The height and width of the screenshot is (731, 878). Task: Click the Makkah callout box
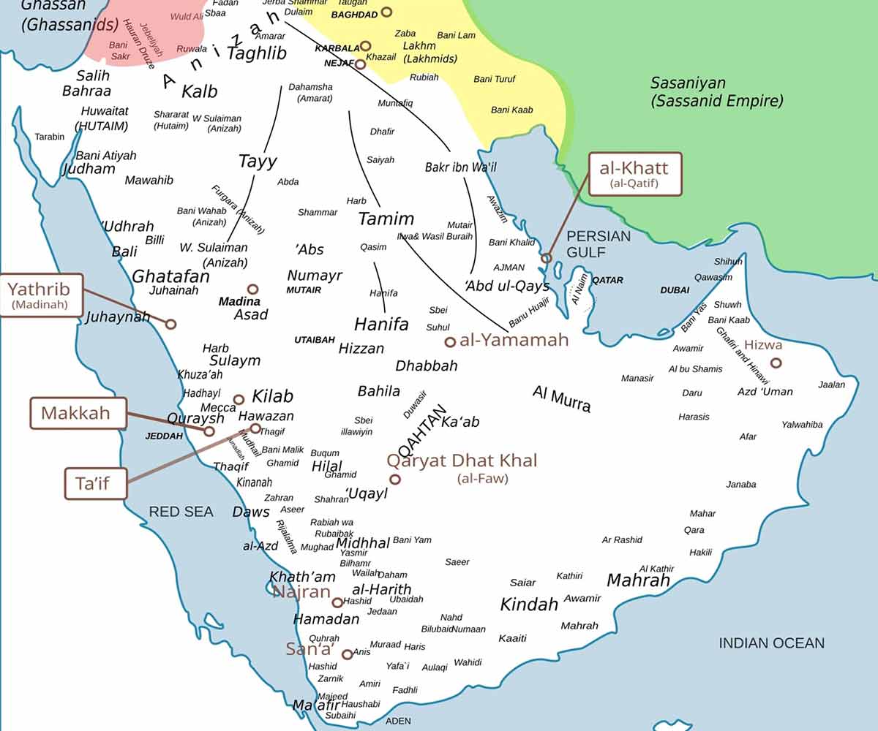tap(76, 413)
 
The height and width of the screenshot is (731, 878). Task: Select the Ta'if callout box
tap(96, 484)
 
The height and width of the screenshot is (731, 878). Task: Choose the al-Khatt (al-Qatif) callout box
tap(634, 174)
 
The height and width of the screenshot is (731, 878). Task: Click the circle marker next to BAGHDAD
tap(386, 12)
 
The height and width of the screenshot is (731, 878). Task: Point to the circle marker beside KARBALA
tap(366, 46)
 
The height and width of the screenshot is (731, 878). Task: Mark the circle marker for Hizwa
tap(776, 363)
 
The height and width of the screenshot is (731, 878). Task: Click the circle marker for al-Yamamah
tap(450, 341)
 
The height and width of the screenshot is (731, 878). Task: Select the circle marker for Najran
tap(337, 602)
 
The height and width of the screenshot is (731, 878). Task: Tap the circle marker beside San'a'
tap(347, 654)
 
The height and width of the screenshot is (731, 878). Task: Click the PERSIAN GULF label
tap(598, 244)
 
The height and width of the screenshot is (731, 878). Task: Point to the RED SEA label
tap(181, 512)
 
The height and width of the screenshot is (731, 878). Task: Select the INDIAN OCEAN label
tap(771, 643)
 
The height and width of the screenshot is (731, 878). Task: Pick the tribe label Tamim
tap(386, 219)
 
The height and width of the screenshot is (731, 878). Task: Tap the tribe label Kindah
tap(529, 605)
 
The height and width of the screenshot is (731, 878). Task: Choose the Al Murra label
tap(561, 398)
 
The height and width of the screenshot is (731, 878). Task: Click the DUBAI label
tap(675, 290)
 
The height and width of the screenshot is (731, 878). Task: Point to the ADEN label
tap(398, 721)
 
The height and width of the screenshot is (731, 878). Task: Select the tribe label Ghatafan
tap(170, 276)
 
